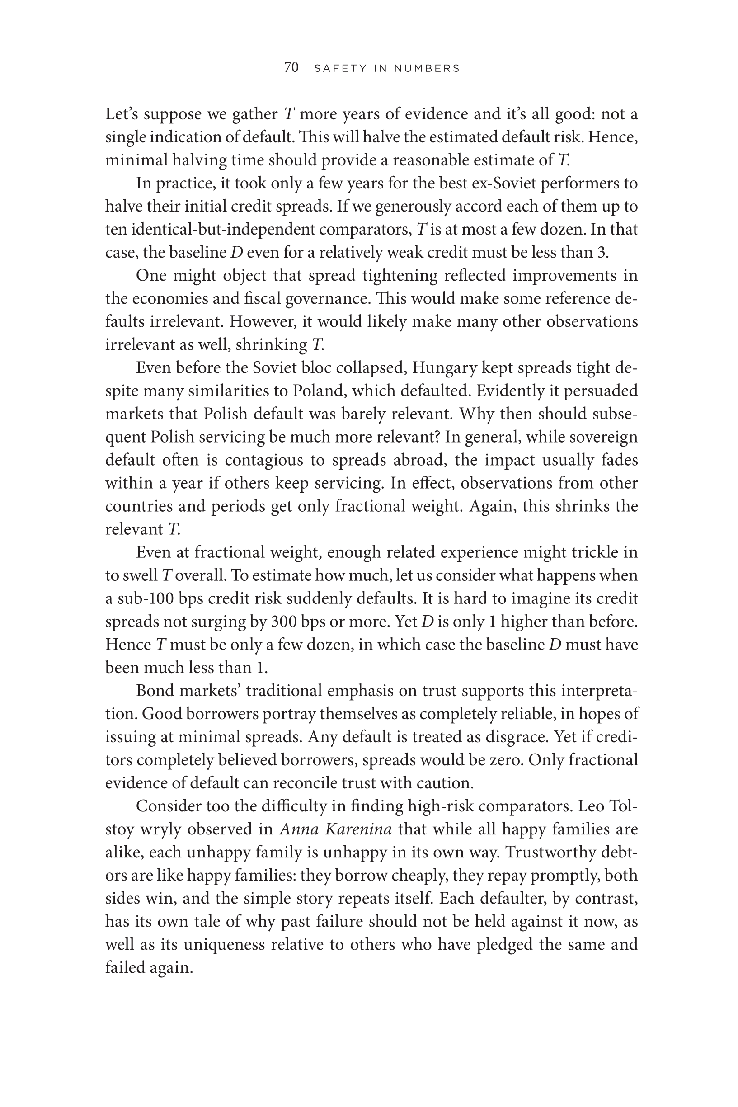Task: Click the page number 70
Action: tap(291, 68)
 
